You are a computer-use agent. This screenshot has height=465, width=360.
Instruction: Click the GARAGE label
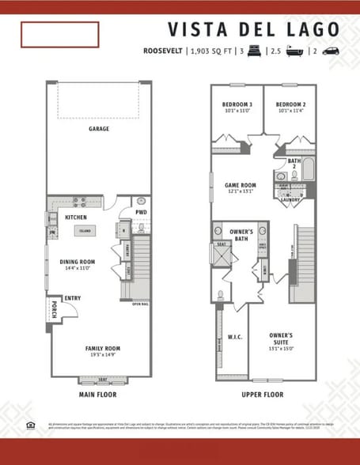click(x=99, y=129)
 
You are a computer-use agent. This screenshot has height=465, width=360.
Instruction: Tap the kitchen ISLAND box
click(x=84, y=232)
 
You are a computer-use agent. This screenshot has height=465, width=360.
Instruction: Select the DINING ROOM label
click(x=78, y=262)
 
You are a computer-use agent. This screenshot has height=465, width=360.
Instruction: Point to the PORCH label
click(x=53, y=308)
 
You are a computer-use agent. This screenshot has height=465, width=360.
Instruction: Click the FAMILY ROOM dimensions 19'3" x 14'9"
click(x=103, y=355)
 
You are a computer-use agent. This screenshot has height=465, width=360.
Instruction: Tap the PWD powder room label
click(x=141, y=212)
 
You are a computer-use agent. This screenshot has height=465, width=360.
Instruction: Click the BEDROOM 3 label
click(x=237, y=105)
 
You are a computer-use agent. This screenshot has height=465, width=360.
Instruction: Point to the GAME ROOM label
click(x=241, y=185)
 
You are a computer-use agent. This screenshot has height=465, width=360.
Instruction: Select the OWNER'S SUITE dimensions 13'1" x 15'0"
click(x=281, y=348)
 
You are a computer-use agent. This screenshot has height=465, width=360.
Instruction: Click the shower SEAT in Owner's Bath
click(x=221, y=244)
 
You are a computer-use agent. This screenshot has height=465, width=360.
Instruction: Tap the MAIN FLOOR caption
click(x=98, y=393)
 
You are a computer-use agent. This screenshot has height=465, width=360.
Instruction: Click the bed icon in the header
click(x=255, y=51)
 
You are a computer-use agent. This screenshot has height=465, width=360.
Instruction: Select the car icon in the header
click(x=332, y=51)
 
